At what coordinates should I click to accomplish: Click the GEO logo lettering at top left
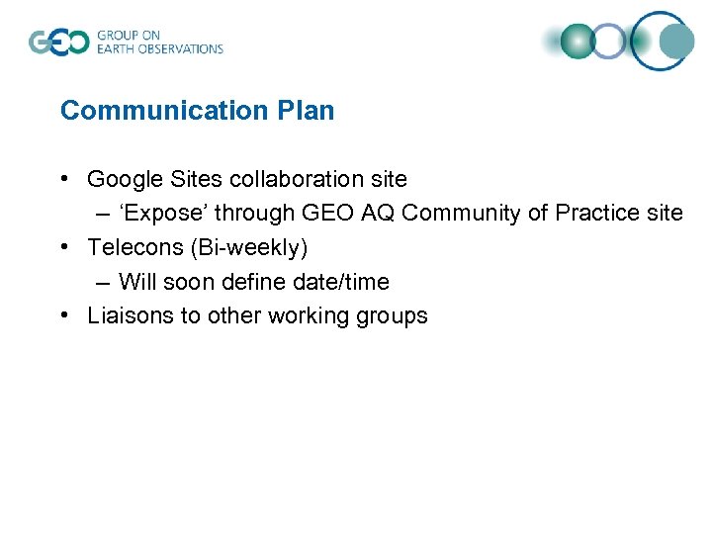coord(58,42)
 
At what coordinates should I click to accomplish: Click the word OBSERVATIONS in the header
coord(183,48)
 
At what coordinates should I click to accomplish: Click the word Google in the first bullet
coord(122,179)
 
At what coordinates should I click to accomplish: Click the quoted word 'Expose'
coord(162,213)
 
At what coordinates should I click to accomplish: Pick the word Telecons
coord(131,247)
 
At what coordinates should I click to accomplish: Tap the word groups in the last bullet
coord(393,316)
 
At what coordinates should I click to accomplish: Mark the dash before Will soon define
coord(104,282)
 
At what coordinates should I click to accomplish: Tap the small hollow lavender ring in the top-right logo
coord(610,42)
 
